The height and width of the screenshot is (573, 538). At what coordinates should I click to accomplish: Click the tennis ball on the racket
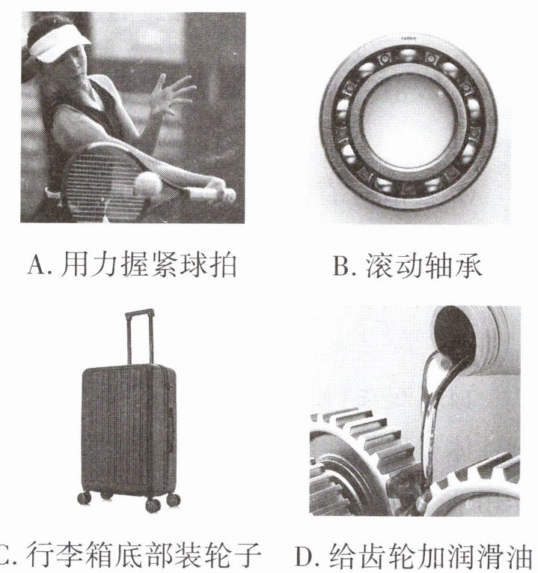click(148, 184)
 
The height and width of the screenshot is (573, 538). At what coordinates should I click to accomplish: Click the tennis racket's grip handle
click(208, 192)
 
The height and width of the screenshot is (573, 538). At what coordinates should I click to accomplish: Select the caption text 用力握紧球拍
click(149, 265)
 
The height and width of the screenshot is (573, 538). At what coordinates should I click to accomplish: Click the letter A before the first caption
click(37, 265)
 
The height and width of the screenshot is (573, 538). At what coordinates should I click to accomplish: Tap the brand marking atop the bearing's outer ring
click(409, 38)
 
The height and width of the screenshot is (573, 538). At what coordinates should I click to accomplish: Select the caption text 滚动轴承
click(424, 265)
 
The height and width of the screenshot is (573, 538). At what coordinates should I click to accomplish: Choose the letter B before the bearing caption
click(341, 265)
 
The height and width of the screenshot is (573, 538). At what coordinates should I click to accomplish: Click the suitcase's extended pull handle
click(139, 337)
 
